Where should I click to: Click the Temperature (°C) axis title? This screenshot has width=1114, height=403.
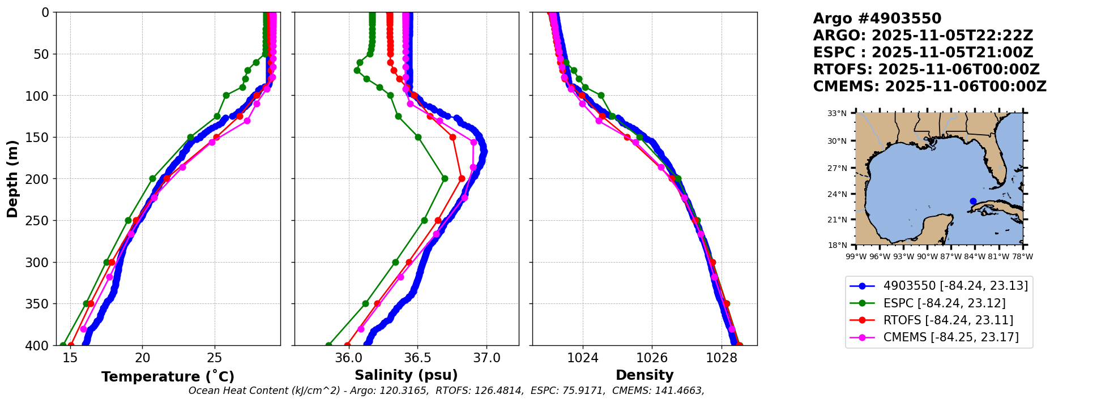pos(168,377)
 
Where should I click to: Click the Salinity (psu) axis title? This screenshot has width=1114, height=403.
pos(406,375)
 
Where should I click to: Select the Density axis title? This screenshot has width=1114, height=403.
pos(645,375)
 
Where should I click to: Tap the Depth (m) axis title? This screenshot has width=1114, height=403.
pos(12,179)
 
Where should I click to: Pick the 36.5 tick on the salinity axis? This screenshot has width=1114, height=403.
pos(417,357)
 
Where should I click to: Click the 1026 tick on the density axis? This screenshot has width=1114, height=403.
pos(652,357)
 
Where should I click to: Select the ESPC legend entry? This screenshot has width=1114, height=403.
pos(944,303)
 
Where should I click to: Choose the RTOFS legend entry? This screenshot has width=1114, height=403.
pos(948,320)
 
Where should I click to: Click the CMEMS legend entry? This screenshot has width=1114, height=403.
pos(951,337)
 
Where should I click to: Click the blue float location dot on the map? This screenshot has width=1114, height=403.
pos(973,201)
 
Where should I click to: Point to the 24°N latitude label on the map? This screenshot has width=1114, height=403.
pos(837,194)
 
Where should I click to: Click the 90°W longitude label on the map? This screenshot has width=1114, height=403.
pos(927,256)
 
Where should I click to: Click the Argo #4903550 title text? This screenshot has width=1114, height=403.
pos(877,19)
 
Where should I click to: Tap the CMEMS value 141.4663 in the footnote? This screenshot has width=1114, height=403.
pos(682,391)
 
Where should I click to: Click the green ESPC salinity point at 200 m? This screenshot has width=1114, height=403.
pos(445,179)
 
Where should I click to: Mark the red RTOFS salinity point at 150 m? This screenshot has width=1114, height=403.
pos(453,137)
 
